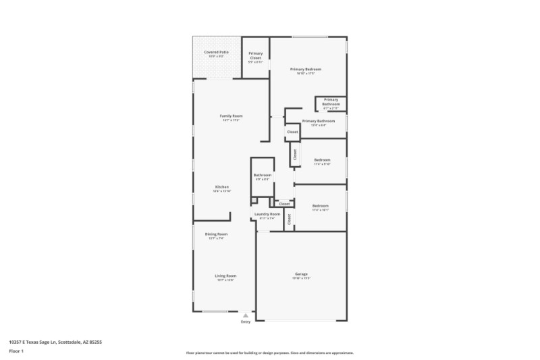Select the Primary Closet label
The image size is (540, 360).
click(x=256, y=55)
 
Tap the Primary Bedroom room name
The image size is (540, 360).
click(x=305, y=69)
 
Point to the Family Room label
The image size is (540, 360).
click(x=231, y=116)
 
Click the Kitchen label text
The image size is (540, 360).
click(x=222, y=186)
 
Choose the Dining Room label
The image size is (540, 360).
click(x=216, y=234)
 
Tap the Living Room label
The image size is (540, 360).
click(x=225, y=276)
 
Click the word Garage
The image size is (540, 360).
click(x=301, y=274)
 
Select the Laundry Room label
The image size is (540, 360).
click(x=267, y=213)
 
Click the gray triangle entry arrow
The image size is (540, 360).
click(x=246, y=315)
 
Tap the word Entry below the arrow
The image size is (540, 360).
click(x=246, y=322)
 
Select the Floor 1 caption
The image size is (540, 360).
click(x=16, y=351)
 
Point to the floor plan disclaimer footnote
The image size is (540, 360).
click(x=269, y=353)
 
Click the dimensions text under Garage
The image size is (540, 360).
click(x=301, y=278)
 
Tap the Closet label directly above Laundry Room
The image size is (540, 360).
click(x=284, y=203)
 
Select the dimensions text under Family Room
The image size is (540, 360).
click(x=231, y=120)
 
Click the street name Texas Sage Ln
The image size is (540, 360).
click(x=40, y=342)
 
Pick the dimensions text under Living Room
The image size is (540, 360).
click(x=225, y=280)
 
